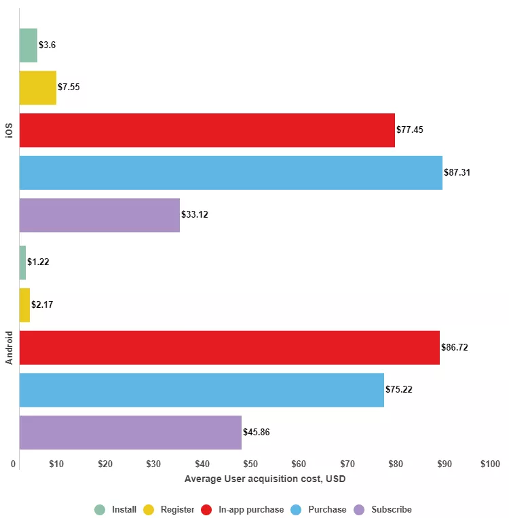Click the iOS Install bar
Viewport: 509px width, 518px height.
[x=28, y=45]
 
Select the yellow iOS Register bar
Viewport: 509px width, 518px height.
[x=37, y=87]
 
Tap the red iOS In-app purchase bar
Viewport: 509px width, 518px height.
[x=207, y=130]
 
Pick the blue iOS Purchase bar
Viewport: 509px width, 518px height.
[x=231, y=172]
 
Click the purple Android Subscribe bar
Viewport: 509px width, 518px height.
[x=130, y=433]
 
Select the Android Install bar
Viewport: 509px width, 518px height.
[x=22, y=262]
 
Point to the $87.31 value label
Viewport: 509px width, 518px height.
[x=457, y=172]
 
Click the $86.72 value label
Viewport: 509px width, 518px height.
[x=455, y=347]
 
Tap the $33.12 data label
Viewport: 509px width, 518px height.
[x=195, y=215]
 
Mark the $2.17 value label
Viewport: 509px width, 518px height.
[x=42, y=305]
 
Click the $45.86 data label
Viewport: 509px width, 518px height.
[x=257, y=433]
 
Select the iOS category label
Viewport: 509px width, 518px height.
[x=10, y=129]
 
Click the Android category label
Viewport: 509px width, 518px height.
[x=10, y=347]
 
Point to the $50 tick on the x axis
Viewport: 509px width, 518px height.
[x=250, y=464]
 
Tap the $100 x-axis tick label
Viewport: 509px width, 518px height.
[x=489, y=464]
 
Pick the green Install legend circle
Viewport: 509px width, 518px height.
[x=100, y=510]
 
